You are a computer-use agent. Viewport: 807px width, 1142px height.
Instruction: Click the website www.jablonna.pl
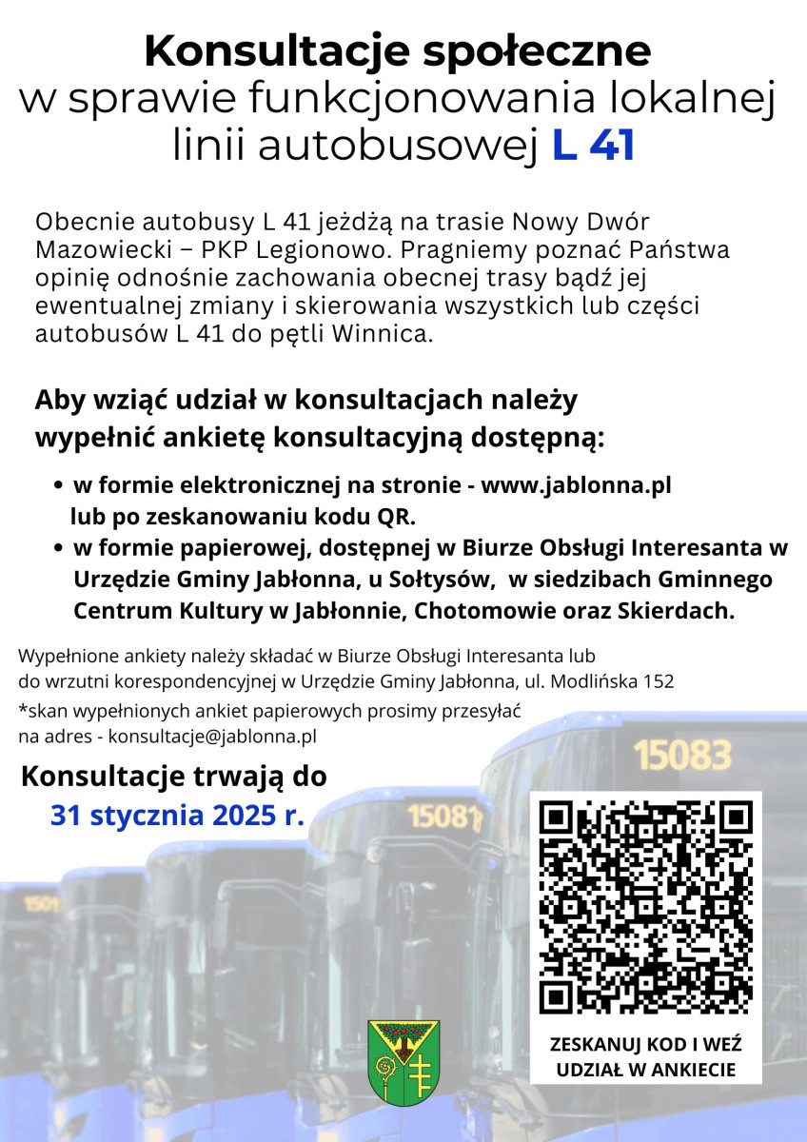(577, 485)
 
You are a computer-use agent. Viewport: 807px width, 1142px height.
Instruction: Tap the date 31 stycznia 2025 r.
(177, 816)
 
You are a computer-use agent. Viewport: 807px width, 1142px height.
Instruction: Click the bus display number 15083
(682, 756)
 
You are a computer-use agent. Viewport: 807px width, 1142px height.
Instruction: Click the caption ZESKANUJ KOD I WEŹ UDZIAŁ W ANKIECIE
(646, 1056)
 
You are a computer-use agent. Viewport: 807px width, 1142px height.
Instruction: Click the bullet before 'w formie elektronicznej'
(58, 486)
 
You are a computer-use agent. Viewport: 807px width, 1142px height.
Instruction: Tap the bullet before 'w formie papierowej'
(58, 549)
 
